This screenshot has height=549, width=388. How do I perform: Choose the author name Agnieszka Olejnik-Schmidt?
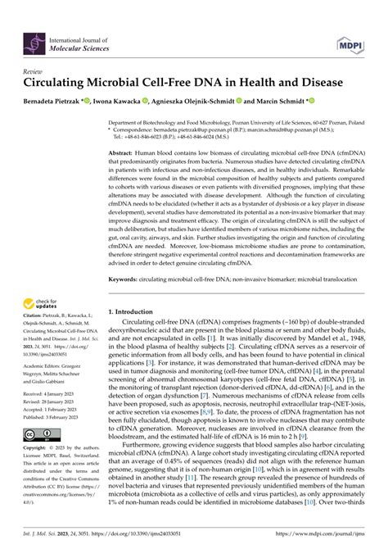(208, 102)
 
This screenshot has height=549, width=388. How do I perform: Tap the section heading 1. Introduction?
(138, 311)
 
